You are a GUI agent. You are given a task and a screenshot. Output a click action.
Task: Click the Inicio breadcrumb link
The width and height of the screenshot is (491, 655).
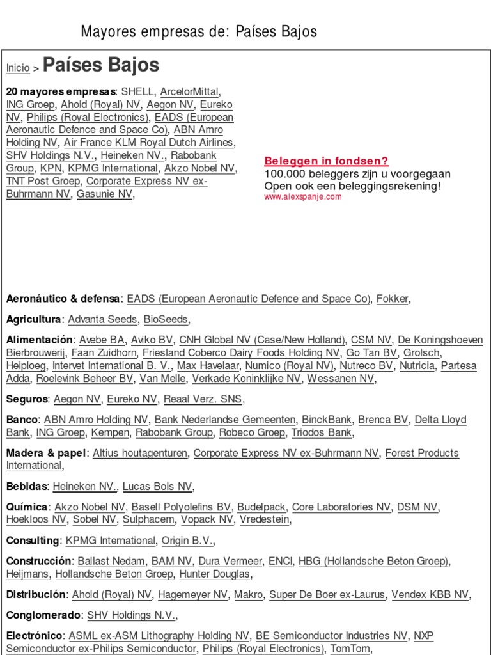point(18,68)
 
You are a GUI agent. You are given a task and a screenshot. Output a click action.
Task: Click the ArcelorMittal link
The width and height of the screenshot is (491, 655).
point(189,91)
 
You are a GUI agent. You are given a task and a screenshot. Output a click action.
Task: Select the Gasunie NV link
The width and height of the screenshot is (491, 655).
point(104,194)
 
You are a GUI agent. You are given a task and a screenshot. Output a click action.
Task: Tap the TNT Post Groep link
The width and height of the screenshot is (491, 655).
point(43,181)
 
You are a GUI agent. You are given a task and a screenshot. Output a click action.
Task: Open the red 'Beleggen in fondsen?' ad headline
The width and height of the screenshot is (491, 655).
point(326,161)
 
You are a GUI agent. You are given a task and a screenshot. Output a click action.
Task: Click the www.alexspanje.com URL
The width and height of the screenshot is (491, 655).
point(303,197)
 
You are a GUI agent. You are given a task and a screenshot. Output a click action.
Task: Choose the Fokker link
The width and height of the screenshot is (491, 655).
point(393,299)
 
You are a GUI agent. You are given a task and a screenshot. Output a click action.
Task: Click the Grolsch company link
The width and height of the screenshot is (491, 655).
point(422,352)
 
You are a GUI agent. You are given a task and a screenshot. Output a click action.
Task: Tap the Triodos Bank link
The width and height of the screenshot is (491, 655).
point(321,432)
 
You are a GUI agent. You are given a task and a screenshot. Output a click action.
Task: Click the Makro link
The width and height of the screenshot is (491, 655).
point(248,594)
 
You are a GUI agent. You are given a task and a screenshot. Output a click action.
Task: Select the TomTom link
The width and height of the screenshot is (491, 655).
point(349,649)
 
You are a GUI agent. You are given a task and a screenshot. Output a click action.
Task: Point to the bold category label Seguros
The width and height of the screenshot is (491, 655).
point(27,399)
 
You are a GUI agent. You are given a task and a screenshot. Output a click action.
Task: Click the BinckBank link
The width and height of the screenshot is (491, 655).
point(327,420)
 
